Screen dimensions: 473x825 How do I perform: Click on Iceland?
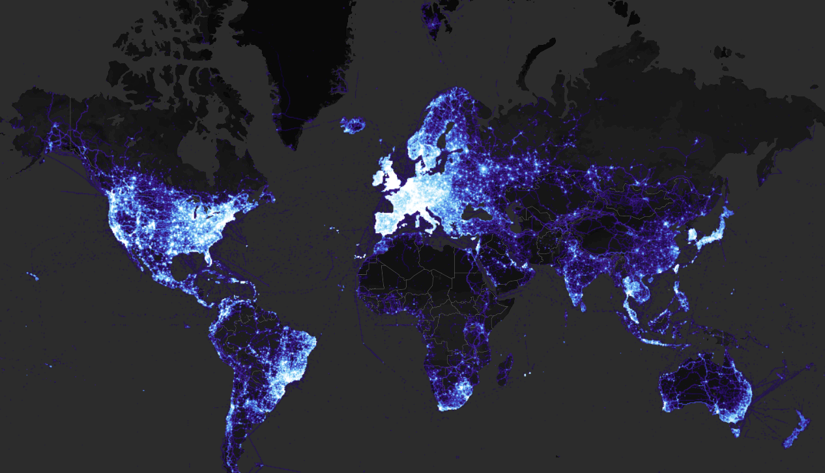[354, 124]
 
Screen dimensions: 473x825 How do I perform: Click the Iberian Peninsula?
[389, 218]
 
